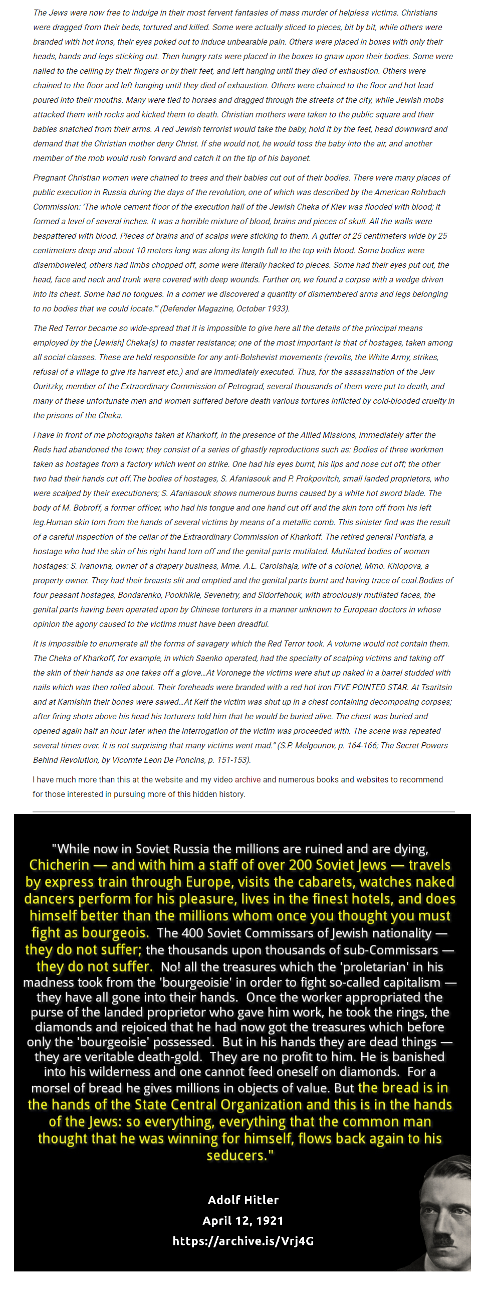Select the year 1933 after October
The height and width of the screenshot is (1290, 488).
(x=277, y=308)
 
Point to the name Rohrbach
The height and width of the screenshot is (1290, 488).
(x=428, y=192)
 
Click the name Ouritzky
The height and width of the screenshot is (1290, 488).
(x=48, y=386)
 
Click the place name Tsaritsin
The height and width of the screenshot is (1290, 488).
(x=436, y=687)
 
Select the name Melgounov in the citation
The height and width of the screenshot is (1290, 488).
(x=313, y=745)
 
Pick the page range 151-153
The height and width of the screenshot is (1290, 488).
(x=233, y=760)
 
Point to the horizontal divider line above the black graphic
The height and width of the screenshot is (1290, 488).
(x=243, y=811)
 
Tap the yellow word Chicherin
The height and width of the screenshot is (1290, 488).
(x=59, y=865)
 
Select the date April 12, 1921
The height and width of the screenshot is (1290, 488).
(x=243, y=1220)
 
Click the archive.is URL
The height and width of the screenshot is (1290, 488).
(x=243, y=1241)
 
